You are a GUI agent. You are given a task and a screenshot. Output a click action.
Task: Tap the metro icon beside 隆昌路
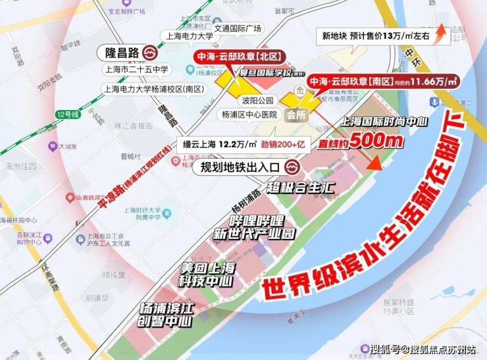pyautogui.click(x=151, y=52)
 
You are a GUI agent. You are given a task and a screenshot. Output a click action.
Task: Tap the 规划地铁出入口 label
pyautogui.click(x=241, y=167)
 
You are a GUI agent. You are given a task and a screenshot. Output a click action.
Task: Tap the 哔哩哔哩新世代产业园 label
pyautogui.click(x=253, y=226)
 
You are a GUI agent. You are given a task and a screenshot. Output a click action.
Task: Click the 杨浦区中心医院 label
pyautogui.click(x=249, y=114)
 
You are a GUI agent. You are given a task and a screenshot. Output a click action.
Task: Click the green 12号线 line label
pyautogui.click(x=67, y=113)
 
